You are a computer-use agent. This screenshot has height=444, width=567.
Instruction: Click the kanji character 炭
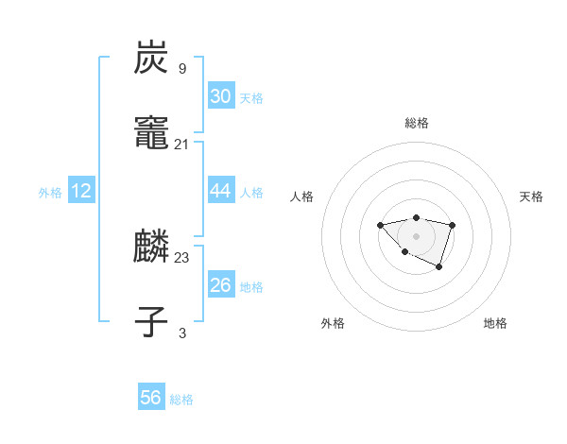(x=152, y=59)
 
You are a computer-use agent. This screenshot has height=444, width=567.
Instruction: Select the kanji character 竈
(x=152, y=134)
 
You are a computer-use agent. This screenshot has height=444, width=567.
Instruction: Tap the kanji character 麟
(x=152, y=248)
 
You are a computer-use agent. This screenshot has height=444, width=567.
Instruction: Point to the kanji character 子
(x=152, y=322)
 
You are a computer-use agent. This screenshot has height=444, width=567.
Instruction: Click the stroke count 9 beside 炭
(x=182, y=68)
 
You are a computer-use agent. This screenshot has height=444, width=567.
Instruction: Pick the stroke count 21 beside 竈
(x=182, y=144)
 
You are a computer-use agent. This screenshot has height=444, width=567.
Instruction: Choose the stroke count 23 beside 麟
(x=182, y=257)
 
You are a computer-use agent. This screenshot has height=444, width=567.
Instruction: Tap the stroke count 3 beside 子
(x=182, y=333)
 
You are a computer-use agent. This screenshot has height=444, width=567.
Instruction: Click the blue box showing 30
(x=221, y=96)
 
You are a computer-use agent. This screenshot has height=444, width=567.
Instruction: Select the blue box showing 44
(x=221, y=191)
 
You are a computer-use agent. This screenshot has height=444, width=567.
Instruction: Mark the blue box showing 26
(x=221, y=285)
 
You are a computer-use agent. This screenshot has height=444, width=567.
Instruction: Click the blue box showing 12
(x=81, y=191)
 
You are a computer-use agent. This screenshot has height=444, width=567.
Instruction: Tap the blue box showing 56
(x=151, y=398)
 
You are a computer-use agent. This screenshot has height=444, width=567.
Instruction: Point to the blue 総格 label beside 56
(x=181, y=400)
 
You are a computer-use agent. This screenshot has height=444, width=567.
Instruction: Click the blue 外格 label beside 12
(x=50, y=193)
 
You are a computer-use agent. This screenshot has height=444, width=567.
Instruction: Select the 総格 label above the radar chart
(x=417, y=123)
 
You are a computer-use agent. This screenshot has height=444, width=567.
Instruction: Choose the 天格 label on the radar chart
(x=531, y=196)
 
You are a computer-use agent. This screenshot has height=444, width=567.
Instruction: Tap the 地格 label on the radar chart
(x=495, y=323)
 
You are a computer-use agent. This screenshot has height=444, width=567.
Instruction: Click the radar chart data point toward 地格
(x=439, y=267)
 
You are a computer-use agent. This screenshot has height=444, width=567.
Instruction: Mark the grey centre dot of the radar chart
(x=416, y=235)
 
